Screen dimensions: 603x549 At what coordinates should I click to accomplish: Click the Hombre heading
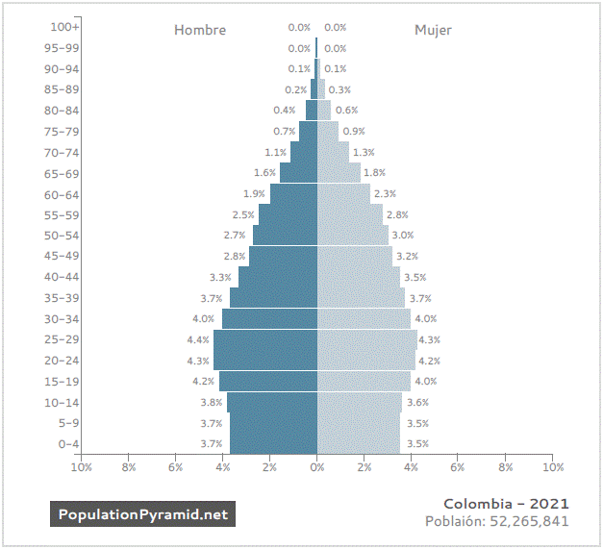click(x=200, y=30)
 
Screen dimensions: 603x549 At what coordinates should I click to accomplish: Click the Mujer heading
click(x=433, y=31)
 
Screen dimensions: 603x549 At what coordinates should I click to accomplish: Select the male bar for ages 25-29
click(x=265, y=339)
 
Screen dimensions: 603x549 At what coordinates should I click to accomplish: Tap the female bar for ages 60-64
click(x=343, y=194)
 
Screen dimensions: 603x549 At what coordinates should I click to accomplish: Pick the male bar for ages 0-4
click(x=273, y=443)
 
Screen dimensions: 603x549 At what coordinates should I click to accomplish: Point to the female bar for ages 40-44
click(x=359, y=277)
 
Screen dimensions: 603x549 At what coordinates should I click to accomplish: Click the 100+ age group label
click(x=64, y=27)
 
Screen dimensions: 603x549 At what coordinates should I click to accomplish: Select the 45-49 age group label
click(x=62, y=256)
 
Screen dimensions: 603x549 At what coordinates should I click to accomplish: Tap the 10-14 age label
click(x=62, y=403)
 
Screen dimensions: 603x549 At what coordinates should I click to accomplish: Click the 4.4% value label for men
click(x=198, y=339)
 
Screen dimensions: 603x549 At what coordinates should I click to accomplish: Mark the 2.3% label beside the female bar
click(x=385, y=193)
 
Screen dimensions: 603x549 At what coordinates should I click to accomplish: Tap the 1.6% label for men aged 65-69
click(x=264, y=173)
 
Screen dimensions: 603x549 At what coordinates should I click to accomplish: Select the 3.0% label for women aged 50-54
click(x=403, y=235)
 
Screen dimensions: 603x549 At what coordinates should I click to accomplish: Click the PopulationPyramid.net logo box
click(x=142, y=514)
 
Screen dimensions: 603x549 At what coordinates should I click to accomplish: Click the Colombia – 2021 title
click(x=506, y=504)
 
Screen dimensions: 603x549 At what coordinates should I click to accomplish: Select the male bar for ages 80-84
click(x=312, y=110)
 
